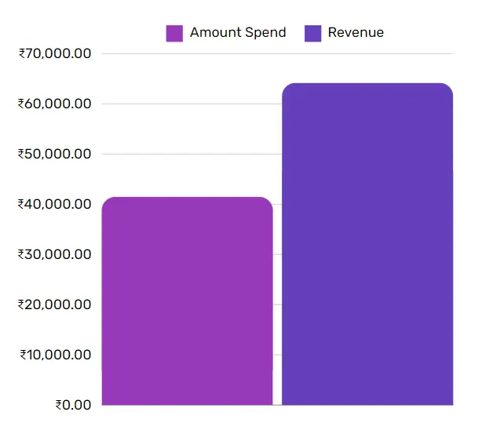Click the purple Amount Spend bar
187,301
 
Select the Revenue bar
367,244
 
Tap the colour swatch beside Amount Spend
174,33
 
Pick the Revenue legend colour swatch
312,33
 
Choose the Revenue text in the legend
356,33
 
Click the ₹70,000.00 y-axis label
55,53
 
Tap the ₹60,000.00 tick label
55,104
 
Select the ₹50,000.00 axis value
55,154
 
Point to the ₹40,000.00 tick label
55,204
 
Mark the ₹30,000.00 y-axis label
55,254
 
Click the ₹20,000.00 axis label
55,304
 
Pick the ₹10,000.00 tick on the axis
55,355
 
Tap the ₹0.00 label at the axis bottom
73,405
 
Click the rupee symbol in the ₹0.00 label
59,405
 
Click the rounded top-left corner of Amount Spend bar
106,201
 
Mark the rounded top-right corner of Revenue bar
449,87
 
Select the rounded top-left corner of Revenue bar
287,87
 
